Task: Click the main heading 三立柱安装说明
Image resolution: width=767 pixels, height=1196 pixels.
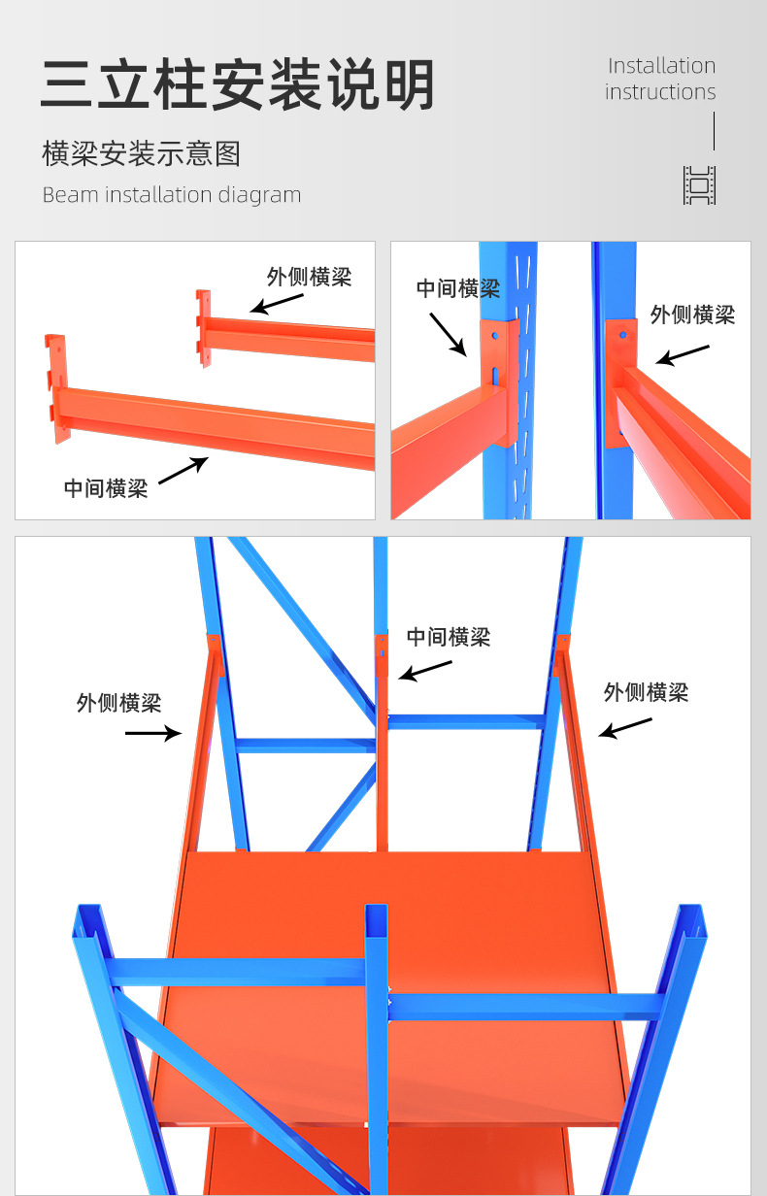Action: pos(238,84)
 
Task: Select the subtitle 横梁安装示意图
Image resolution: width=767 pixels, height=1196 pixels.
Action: pos(142,153)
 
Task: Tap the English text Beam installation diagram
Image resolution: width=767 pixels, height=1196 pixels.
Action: pos(172,195)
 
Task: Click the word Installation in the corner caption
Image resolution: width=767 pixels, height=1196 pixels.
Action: pos(661,66)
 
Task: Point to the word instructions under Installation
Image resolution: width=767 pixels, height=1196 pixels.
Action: pos(660,92)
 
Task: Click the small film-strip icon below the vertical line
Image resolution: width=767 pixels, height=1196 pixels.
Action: pos(700,185)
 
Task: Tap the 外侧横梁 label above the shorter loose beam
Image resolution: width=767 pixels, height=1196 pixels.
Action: pos(309,277)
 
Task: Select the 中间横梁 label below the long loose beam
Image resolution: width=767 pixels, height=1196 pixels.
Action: pos(106,488)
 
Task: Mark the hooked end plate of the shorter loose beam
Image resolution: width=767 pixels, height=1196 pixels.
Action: pos(203,326)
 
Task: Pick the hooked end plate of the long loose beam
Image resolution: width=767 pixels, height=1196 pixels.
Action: pos(56,388)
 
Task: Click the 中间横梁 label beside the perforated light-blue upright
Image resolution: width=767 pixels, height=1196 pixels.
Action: pos(458,288)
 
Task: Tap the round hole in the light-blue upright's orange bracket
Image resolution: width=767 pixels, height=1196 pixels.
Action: pos(496,334)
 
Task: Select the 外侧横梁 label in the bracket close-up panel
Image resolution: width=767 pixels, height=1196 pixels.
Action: pos(692,315)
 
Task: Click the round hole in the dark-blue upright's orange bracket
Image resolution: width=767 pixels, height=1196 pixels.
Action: pos(621,336)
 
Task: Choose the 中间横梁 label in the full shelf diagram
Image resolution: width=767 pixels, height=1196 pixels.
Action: pos(449,637)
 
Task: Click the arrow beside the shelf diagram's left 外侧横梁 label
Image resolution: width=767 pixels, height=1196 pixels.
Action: pos(153,733)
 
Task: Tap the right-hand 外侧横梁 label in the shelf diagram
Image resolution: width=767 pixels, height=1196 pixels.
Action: pos(646,692)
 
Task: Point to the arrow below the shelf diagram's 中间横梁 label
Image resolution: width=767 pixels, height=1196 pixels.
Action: pos(425,670)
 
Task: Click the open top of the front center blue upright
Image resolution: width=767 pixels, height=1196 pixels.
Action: pos(377,914)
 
